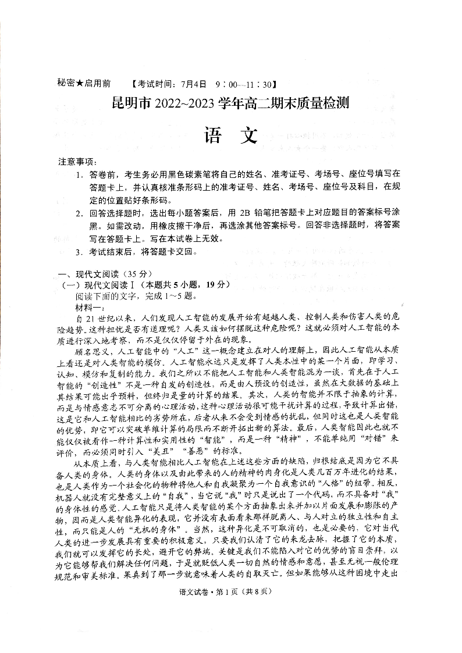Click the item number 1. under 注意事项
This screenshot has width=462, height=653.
click(x=79, y=174)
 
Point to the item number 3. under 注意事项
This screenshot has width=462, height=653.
click(x=79, y=252)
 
